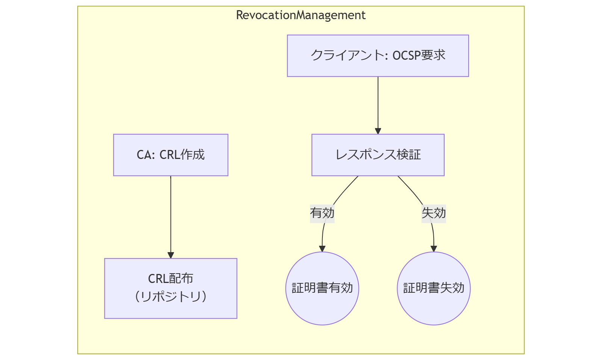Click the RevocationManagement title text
301,15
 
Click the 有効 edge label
322,213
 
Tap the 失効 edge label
434,213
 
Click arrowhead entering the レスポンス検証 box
378,131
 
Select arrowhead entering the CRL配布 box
171,255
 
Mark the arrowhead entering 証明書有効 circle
322,249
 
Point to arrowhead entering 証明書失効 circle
434,249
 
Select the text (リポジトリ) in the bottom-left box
171,297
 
